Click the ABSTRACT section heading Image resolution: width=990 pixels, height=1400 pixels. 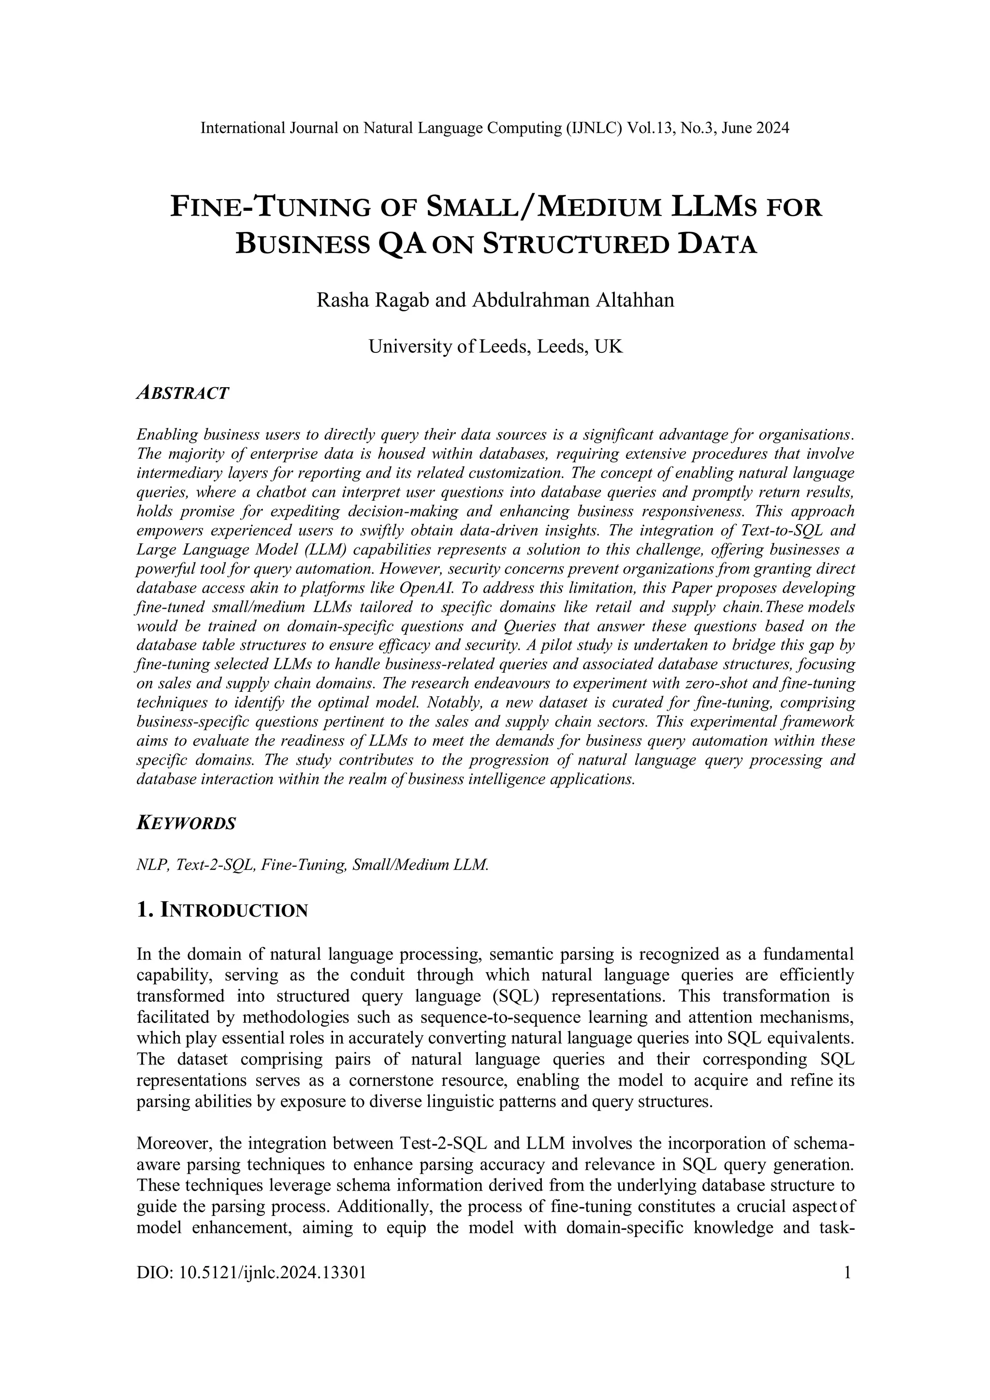pos(183,394)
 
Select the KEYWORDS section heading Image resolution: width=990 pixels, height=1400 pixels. pos(186,824)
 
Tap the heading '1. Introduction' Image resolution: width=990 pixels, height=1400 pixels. pos(222,911)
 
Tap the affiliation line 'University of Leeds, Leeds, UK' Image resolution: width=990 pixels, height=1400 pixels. pos(495,347)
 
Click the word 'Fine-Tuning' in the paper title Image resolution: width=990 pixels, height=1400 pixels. pos(270,207)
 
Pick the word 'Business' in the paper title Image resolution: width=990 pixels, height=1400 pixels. pos(302,245)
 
